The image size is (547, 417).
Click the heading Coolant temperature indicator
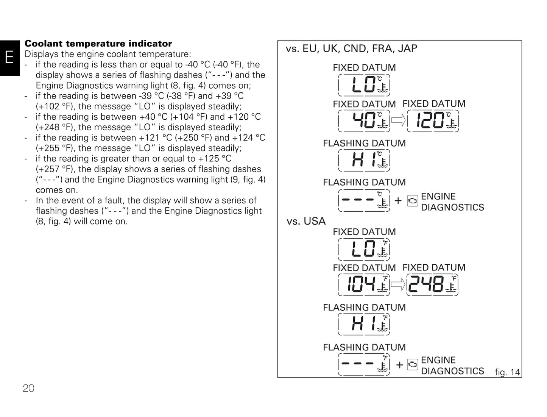(x=98, y=44)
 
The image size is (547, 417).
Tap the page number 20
(x=28, y=388)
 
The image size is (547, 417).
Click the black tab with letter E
(x=9, y=58)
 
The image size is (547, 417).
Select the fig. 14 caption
(x=507, y=372)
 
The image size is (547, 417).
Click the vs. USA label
(x=306, y=221)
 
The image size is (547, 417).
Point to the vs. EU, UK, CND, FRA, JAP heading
(x=351, y=49)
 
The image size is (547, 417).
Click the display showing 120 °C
(x=433, y=121)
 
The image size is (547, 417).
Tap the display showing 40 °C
(x=364, y=121)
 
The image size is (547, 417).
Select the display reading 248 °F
(x=432, y=284)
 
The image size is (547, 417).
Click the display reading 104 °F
(x=364, y=284)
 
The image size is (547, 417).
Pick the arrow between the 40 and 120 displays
(x=398, y=121)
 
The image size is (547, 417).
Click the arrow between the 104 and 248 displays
(x=398, y=284)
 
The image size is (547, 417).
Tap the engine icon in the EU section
(x=413, y=201)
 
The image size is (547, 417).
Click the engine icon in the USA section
(x=413, y=364)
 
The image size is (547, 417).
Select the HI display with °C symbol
(x=364, y=160)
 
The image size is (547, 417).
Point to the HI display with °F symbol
(x=364, y=324)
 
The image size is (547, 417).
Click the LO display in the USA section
(x=364, y=249)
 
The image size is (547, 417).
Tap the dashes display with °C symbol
(x=364, y=200)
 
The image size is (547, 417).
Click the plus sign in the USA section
(x=399, y=365)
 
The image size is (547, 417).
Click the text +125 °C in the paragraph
(x=214, y=159)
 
